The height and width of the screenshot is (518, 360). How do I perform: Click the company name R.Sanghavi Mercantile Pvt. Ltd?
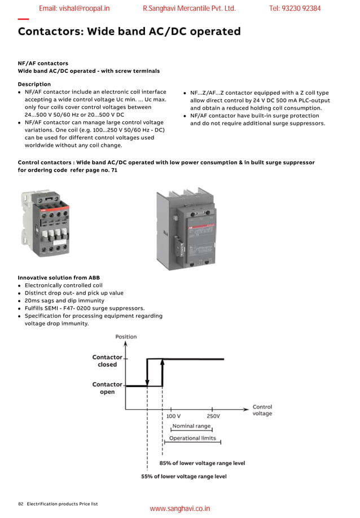(189, 8)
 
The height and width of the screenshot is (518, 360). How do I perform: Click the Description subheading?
(34, 84)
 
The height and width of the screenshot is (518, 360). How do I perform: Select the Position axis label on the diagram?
(126, 337)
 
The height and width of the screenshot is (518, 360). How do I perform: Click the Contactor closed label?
(107, 361)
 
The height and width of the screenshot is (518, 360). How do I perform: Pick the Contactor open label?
(107, 388)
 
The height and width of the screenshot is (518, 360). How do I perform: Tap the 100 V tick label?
(173, 416)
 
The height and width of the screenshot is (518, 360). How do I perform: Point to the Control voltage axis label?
(262, 410)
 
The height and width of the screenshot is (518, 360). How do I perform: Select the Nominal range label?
(191, 426)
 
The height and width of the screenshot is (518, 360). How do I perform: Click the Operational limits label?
(192, 438)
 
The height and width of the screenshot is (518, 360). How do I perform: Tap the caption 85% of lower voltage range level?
(202, 463)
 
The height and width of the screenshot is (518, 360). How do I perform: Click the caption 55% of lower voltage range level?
(183, 476)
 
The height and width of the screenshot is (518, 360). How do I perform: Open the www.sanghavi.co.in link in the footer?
(179, 508)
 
